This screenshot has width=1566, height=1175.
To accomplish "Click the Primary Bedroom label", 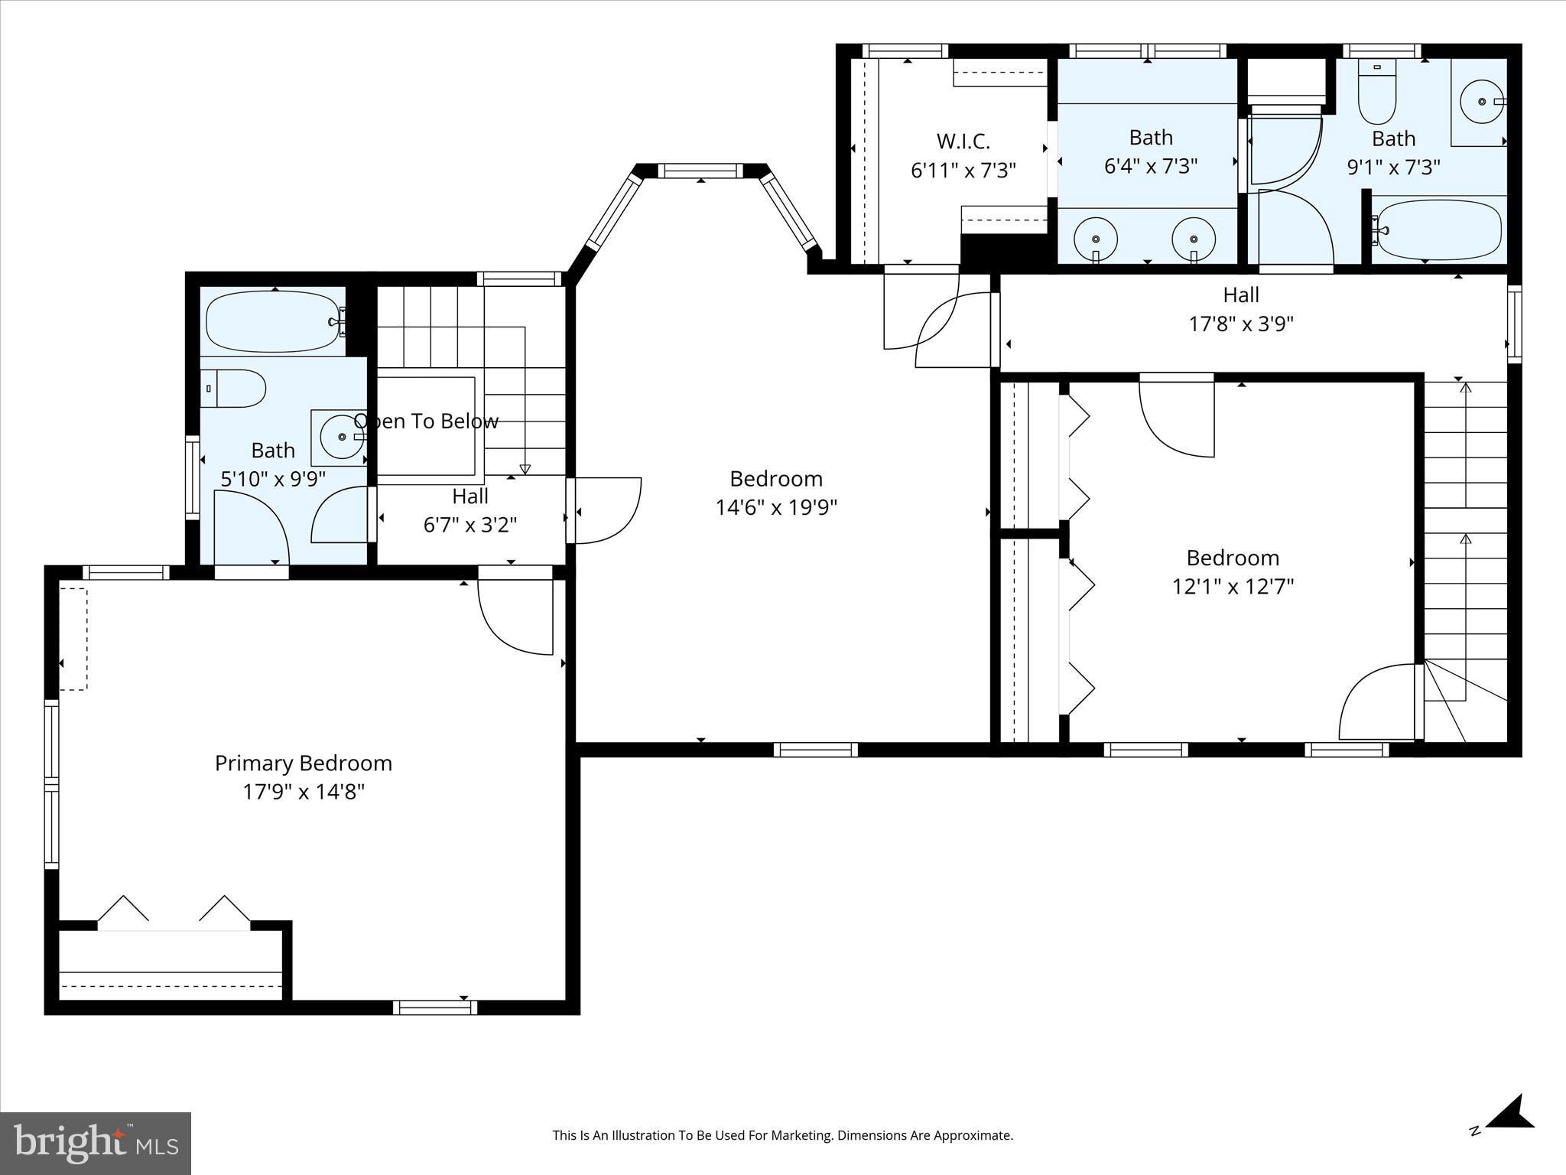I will coord(304,763).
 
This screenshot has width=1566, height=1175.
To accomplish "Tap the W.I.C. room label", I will coord(963,142).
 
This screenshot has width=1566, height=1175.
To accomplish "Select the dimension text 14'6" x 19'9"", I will coord(776,508).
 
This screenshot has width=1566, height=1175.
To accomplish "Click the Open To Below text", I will coord(426,422).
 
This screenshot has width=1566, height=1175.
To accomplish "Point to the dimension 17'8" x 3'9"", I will coord(1240,324).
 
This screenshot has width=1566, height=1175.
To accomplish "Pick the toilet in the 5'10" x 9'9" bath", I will coord(236,389).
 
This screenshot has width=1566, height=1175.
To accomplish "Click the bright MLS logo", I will coord(96,1143).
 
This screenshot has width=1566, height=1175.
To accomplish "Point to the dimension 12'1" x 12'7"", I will coord(1233,587).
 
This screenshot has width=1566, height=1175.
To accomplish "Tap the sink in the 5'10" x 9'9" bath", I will coord(337,438).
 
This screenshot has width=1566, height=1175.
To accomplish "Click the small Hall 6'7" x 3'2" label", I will coord(469,496).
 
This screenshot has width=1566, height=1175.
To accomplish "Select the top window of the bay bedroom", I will coord(700,171).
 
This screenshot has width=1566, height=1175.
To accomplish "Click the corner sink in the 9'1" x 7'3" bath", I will coord(1482,101).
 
